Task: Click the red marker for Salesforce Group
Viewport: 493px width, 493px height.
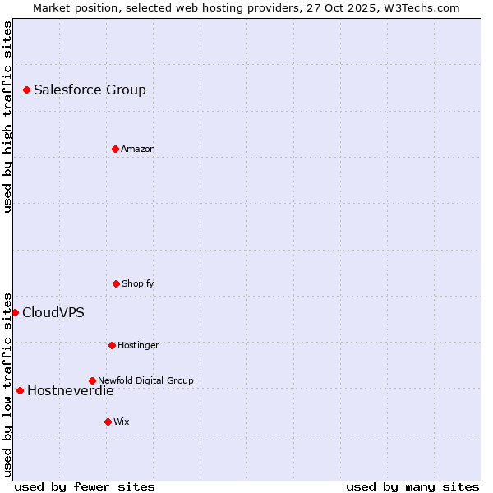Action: pos(26,90)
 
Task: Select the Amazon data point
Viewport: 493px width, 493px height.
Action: pos(115,149)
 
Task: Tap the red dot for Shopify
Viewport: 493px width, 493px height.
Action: pos(116,283)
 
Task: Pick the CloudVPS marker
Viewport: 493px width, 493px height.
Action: pos(15,312)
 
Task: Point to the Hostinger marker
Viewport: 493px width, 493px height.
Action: pos(112,345)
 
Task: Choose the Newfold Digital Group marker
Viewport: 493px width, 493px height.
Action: pos(92,380)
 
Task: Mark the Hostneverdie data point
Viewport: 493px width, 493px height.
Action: pos(20,390)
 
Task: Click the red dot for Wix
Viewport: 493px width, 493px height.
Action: pos(108,422)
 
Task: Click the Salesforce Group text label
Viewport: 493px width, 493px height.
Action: pos(90,90)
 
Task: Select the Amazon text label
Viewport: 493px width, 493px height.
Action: pos(137,149)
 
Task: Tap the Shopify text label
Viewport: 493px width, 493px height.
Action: pos(137,283)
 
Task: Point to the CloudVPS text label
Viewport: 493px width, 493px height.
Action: pos(53,312)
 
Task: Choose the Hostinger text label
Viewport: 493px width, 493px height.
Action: pos(138,345)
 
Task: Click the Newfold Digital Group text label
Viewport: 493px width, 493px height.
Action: pos(145,380)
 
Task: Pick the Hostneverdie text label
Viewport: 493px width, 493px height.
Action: pos(70,390)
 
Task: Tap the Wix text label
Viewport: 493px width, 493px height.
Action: pos(121,422)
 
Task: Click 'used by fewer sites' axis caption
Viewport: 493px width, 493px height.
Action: pos(85,486)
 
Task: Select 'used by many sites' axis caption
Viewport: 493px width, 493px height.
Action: pos(412,486)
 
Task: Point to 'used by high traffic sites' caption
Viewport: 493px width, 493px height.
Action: pos(7,117)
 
